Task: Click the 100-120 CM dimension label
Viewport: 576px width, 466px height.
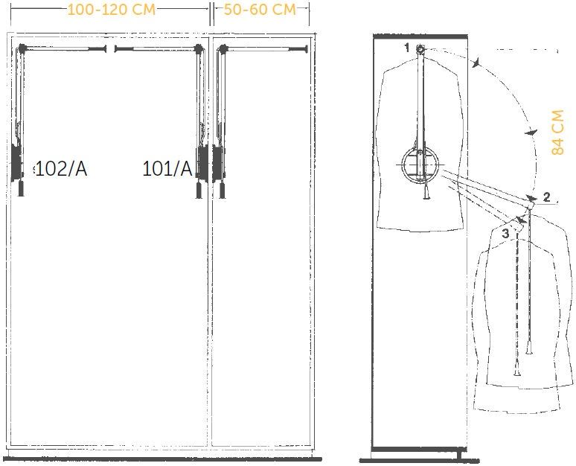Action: click(x=112, y=10)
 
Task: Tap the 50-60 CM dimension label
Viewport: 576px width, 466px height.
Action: click(x=260, y=10)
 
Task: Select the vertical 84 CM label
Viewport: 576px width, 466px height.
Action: click(x=557, y=133)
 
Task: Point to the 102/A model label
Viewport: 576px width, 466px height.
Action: click(x=61, y=169)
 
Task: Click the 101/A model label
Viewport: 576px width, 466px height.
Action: click(x=167, y=169)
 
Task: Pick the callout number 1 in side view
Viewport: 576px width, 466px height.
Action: click(x=406, y=48)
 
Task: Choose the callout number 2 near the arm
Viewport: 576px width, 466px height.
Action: click(x=547, y=197)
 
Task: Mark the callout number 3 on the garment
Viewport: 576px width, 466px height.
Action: click(x=506, y=233)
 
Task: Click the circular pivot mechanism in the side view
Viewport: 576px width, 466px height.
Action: click(x=420, y=165)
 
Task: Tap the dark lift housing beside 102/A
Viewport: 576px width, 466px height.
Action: click(x=16, y=162)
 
